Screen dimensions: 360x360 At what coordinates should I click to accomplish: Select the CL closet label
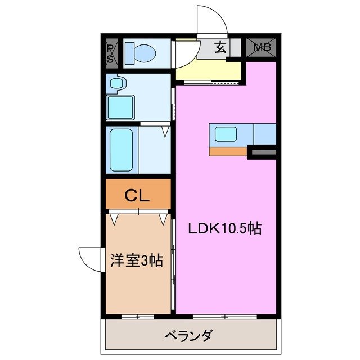coord(137,196)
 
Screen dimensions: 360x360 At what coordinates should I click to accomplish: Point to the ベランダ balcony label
coord(189,337)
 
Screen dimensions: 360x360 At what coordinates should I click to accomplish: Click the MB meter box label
coord(262,47)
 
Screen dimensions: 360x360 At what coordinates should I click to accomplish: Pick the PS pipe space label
coord(110,53)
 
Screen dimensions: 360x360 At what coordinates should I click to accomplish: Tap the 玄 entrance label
coord(221,48)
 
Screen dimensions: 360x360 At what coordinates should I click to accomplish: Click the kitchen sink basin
coord(226,134)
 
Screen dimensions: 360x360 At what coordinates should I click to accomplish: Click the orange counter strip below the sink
coord(228,151)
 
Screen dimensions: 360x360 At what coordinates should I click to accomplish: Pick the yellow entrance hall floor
coord(208,70)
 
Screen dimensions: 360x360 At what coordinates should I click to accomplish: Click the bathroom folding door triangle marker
coord(165,132)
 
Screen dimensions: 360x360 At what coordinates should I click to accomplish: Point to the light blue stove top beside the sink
coord(264,134)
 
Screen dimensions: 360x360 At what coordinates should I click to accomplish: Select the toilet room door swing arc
coord(184,53)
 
